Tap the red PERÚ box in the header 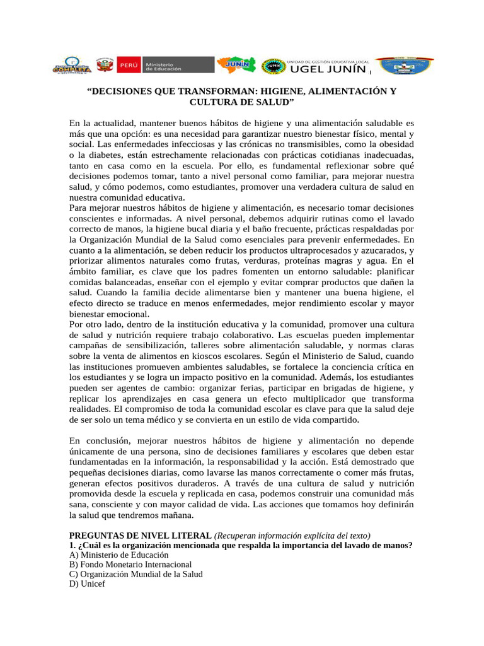tap(128, 65)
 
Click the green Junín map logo tap(236, 65)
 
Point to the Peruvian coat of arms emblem tap(104, 65)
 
